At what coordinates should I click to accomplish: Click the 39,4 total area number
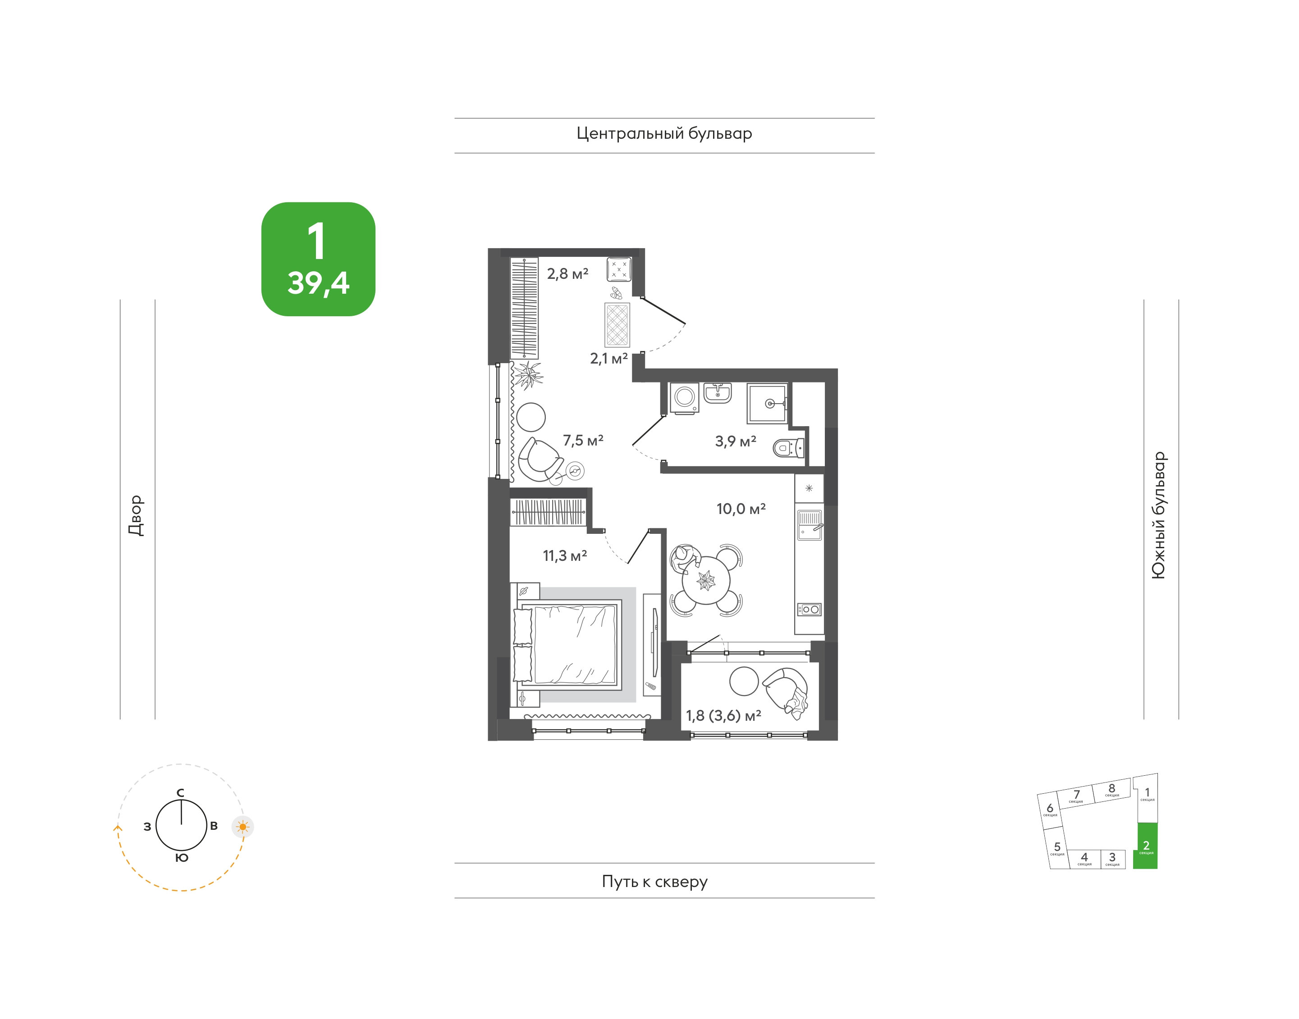click(318, 283)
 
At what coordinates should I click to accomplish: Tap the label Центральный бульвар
click(664, 133)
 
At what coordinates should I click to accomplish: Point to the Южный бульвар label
click(1158, 515)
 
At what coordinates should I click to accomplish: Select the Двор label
click(136, 515)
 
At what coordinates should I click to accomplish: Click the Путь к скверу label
click(654, 881)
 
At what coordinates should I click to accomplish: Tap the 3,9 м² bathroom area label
click(736, 441)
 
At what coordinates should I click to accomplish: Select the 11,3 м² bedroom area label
click(565, 555)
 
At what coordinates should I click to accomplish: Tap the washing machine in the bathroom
click(685, 397)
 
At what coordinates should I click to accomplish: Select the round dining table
click(705, 580)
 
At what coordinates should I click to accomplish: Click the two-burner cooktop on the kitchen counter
click(810, 609)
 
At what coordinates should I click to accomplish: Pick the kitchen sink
click(810, 525)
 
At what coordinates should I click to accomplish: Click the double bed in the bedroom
click(567, 644)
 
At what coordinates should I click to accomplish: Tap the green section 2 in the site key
click(1145, 846)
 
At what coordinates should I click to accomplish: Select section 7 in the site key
click(1076, 796)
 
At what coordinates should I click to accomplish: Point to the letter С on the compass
click(180, 793)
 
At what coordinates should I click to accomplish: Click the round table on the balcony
click(744, 681)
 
